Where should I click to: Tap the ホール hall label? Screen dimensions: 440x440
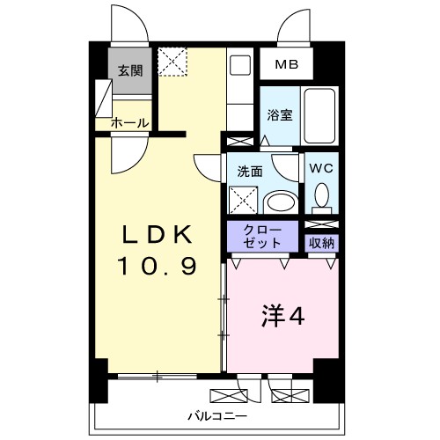(x=129, y=123)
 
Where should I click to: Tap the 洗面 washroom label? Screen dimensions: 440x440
(x=249, y=172)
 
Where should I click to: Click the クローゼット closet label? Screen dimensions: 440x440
(x=263, y=235)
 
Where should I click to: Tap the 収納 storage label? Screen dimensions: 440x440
(x=321, y=241)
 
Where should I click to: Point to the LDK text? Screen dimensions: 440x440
(x=157, y=234)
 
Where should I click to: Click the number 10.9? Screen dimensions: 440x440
(x=158, y=264)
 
